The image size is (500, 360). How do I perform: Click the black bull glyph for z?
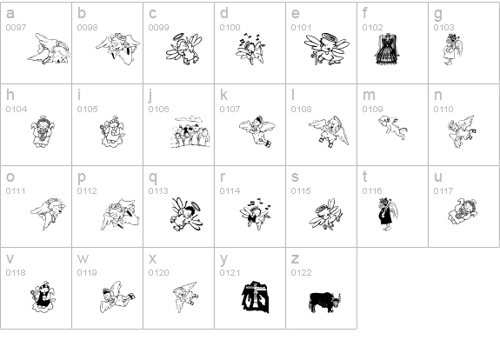(324, 302)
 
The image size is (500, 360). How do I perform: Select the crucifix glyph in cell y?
(255, 297)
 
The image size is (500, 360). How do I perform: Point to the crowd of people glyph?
(190, 132)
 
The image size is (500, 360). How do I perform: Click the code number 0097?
(16, 28)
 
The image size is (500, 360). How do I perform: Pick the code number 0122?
(301, 273)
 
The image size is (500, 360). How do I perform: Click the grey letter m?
(369, 95)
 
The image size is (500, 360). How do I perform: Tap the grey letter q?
(153, 177)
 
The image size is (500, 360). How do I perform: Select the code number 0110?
(443, 109)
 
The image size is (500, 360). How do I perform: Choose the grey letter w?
(83, 258)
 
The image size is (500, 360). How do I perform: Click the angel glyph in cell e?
(327, 49)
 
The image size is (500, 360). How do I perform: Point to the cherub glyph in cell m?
(392, 128)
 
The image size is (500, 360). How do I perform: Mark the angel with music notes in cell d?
(250, 49)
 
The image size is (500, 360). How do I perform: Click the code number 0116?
(372, 190)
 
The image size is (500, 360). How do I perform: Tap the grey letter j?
(150, 96)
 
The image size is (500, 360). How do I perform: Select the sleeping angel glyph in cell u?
(463, 211)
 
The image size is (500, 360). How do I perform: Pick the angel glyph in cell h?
(43, 131)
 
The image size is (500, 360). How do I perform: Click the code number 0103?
(443, 28)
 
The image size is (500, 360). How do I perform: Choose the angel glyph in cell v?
(43, 297)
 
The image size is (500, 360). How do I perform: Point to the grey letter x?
(152, 258)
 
